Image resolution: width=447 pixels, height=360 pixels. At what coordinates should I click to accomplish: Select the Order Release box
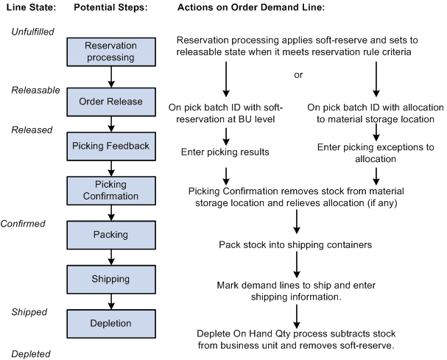click(x=110, y=101)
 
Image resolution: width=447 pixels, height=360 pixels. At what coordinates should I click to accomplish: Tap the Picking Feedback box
click(x=110, y=145)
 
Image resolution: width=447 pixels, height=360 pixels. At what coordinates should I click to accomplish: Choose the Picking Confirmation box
click(x=110, y=189)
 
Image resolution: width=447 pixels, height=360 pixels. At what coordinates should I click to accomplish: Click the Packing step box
click(x=110, y=235)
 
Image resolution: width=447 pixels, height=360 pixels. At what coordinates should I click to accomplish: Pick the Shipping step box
click(x=110, y=279)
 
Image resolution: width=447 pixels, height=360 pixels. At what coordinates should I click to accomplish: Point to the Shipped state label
click(x=29, y=311)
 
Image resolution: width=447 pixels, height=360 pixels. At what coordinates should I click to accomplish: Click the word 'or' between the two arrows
click(x=298, y=74)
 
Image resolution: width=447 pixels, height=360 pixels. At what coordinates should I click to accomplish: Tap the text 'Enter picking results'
click(x=225, y=152)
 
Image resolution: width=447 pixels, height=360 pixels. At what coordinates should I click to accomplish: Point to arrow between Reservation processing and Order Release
click(x=110, y=77)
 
